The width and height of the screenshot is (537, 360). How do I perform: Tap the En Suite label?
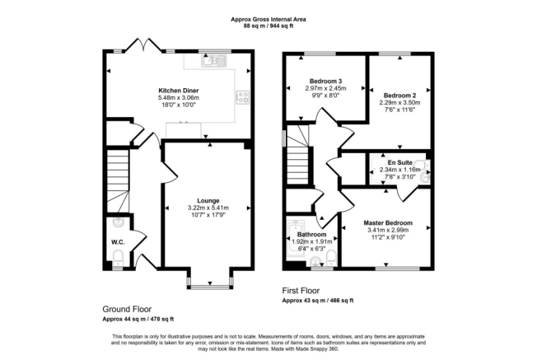(x=398, y=163)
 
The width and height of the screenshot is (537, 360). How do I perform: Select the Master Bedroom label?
(x=388, y=222)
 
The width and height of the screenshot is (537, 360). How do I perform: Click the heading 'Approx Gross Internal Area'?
(x=268, y=18)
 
